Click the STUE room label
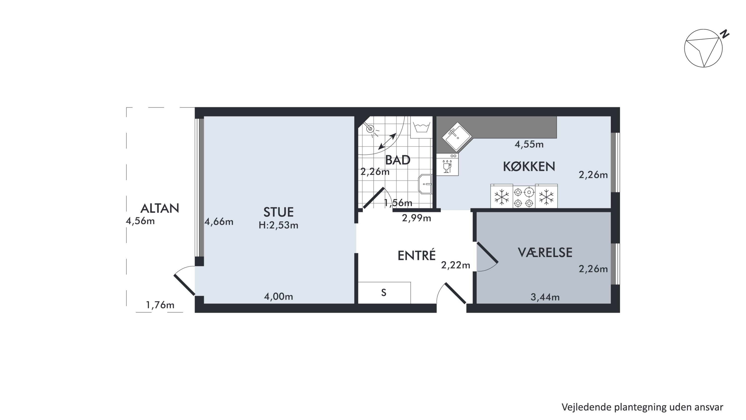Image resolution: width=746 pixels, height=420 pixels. coord(278,212)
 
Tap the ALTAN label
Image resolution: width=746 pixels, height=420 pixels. coord(160,208)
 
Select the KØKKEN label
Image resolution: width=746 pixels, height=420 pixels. coord(529,166)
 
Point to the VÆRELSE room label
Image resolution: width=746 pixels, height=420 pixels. coord(545,252)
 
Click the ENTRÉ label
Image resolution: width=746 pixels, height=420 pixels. coord(417,255)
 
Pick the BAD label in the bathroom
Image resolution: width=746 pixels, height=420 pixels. coord(398,160)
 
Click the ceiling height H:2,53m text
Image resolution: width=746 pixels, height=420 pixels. coord(278,225)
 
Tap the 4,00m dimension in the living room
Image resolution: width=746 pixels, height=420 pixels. coord(278,297)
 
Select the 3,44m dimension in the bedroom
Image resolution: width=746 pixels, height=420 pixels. coord(545,297)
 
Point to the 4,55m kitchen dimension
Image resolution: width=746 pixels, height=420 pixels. coord(529,144)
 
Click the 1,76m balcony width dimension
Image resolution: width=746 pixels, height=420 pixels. coord(160,305)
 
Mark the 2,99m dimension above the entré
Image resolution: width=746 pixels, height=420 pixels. coord(417,218)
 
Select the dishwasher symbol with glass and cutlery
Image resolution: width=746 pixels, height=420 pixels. coord(447,165)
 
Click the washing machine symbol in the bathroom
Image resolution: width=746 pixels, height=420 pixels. coord(421,127)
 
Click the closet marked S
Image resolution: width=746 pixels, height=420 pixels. coord(384,293)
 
